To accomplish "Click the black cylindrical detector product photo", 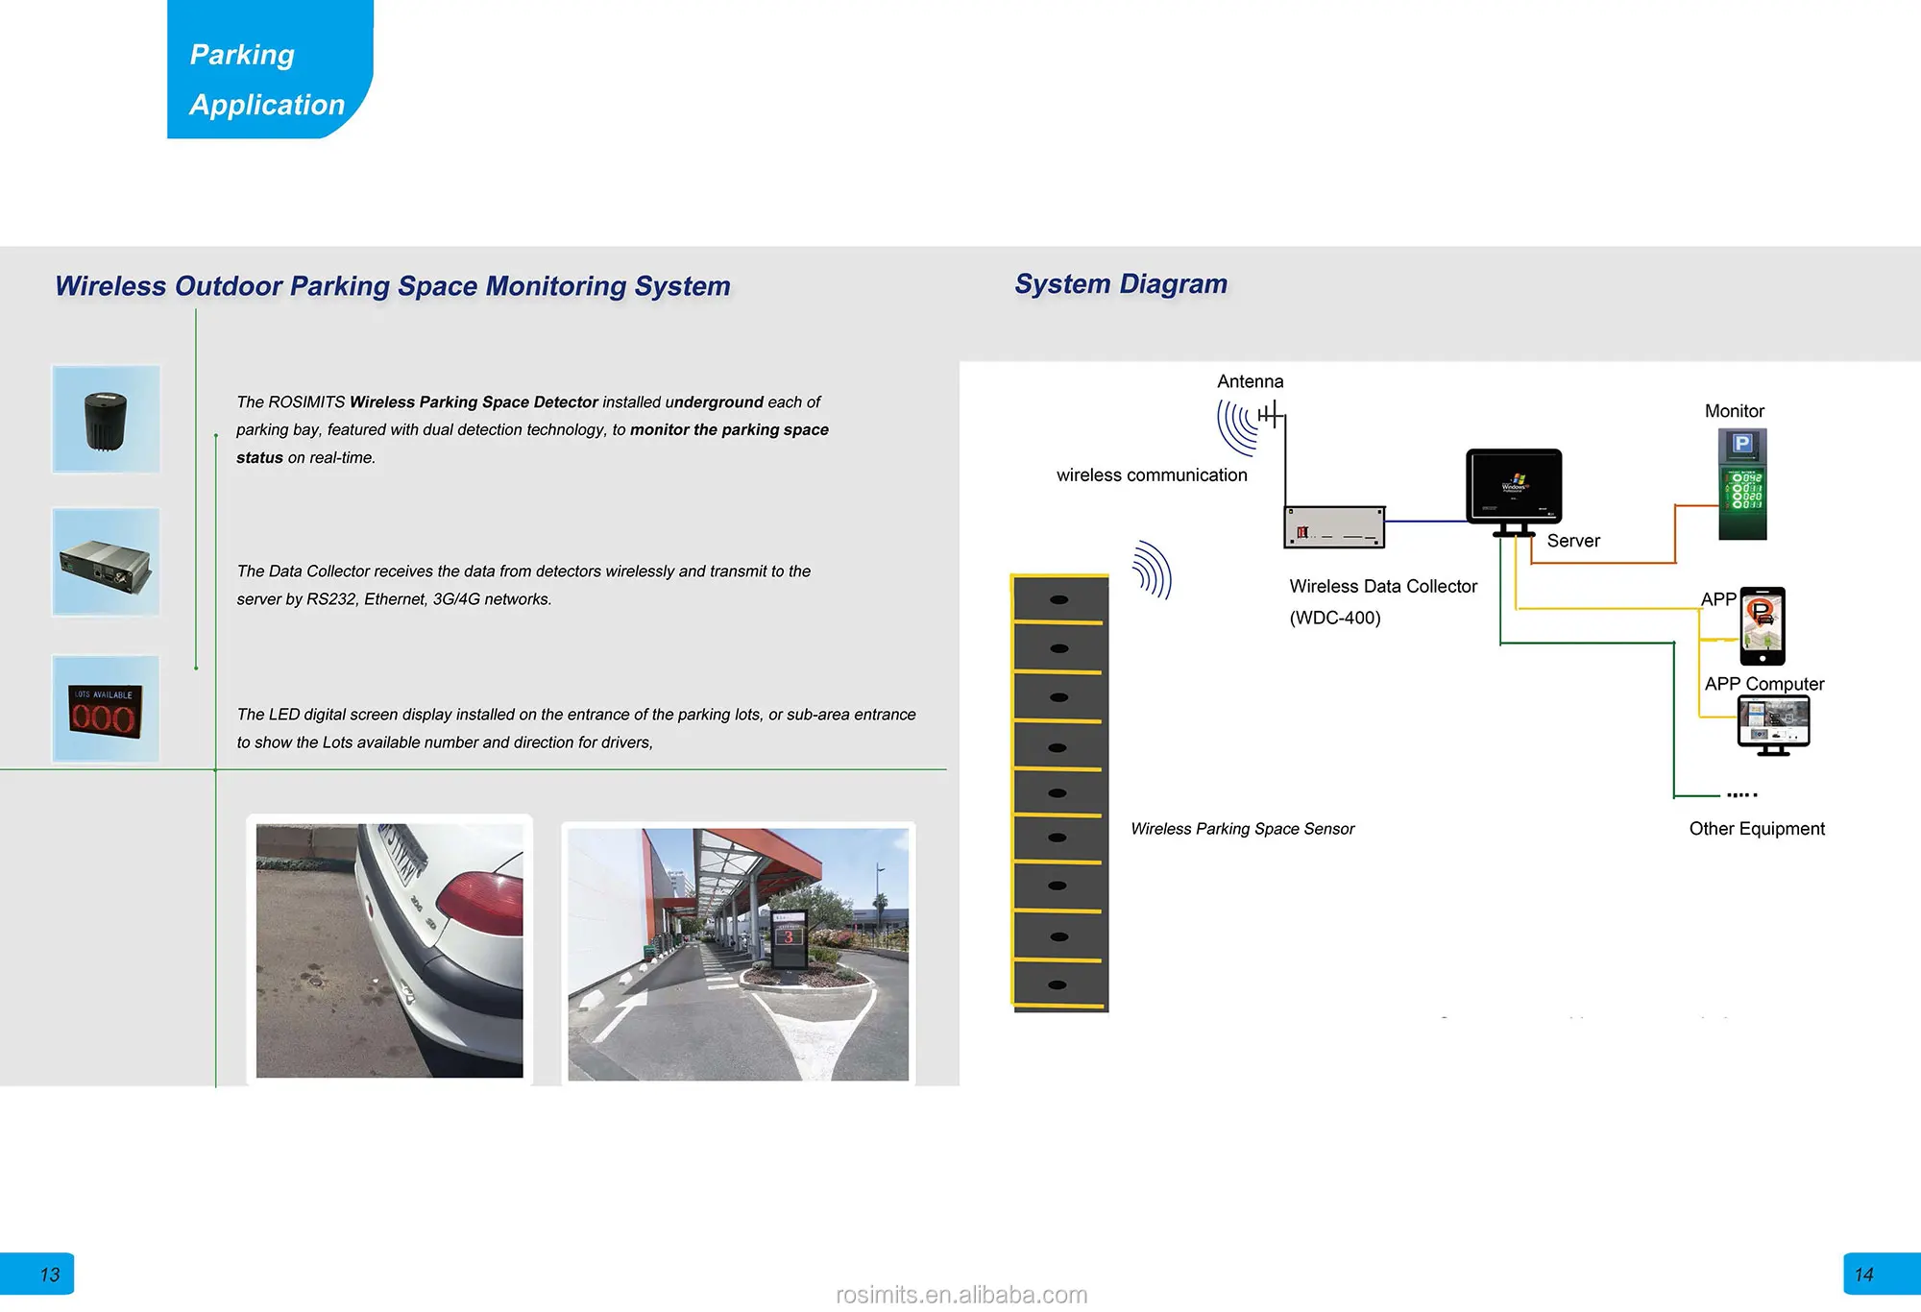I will tap(106, 420).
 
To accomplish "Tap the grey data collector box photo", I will tap(106, 563).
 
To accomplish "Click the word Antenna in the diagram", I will tap(1250, 381).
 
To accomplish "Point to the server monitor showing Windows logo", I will tap(1514, 487).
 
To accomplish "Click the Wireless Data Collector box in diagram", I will tap(1334, 527).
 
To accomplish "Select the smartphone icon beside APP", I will tap(1763, 625).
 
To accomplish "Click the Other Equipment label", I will tap(1757, 829).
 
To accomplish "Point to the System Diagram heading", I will tap(1121, 284).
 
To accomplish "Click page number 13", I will tap(49, 1275).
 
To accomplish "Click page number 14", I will tap(1863, 1275).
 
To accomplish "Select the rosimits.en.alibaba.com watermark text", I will tap(961, 1295).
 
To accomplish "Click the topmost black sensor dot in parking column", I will tap(1059, 599).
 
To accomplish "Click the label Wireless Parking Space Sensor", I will tap(1242, 829).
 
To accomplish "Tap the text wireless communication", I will tap(1152, 475).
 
